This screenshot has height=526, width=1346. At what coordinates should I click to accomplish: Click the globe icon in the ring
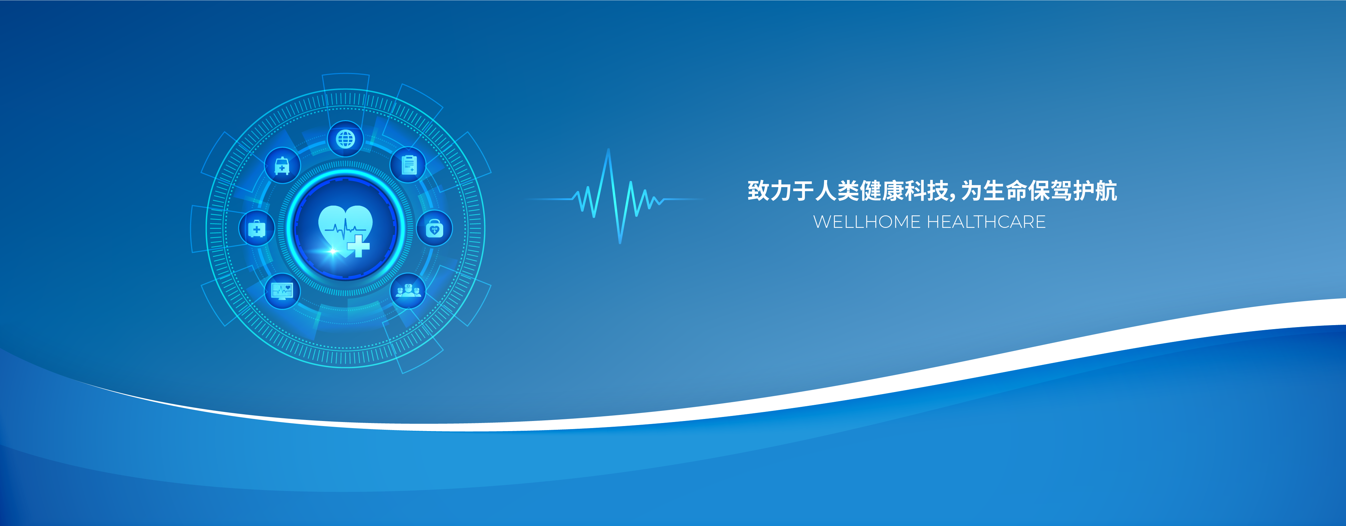coord(345,139)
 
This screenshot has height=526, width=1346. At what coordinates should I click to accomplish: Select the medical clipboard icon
coord(409,165)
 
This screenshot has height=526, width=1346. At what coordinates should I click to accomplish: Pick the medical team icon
coord(408,290)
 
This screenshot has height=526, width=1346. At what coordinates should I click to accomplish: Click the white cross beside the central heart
coord(358,246)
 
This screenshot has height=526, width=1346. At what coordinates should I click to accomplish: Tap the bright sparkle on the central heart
coord(333,251)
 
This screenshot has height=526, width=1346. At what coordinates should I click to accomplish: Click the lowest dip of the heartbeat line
coord(620,242)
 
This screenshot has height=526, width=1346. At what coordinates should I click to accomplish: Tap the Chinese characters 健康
coord(882,191)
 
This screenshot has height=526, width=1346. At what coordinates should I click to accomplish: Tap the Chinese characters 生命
coord(1005,191)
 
